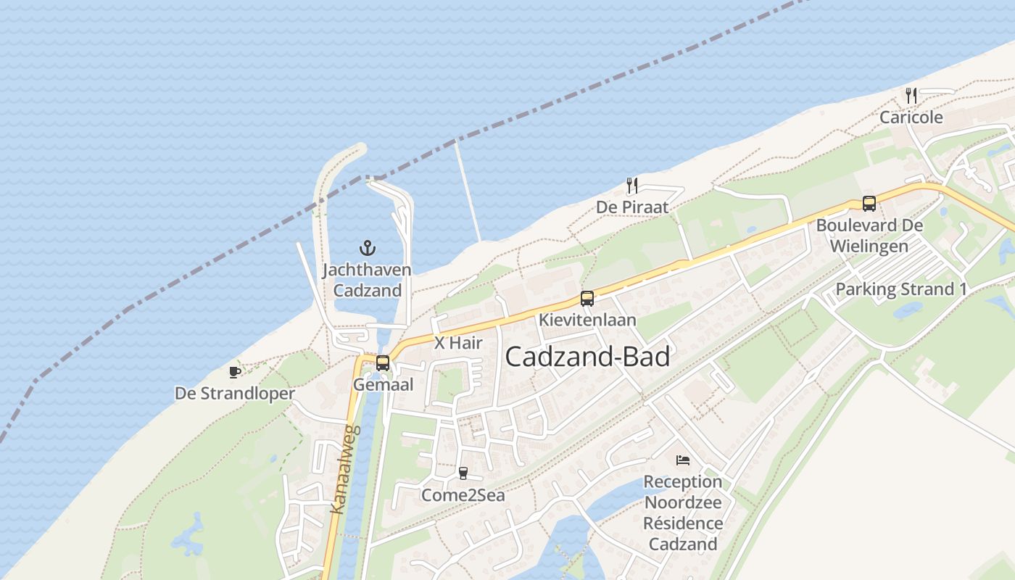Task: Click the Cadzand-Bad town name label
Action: coord(587,357)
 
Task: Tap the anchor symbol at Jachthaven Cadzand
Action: coord(368,248)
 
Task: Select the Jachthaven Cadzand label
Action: coord(367,281)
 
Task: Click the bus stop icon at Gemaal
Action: coord(383,363)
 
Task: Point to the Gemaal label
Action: coord(383,385)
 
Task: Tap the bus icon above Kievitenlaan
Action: coord(587,298)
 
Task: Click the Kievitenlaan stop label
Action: coord(587,320)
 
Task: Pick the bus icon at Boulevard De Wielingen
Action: coord(869,204)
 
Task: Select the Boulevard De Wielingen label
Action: coord(869,236)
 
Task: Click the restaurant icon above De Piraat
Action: coord(632,186)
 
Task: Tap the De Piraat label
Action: coord(632,207)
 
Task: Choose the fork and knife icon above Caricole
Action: coord(911,95)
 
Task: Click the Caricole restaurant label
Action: coord(911,117)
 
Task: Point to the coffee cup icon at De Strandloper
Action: coord(235,372)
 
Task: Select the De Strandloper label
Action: coord(235,394)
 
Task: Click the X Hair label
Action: coord(458,343)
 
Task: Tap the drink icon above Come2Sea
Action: coord(463,473)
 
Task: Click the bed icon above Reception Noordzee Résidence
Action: coord(682,460)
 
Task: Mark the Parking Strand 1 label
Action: coord(901,289)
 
